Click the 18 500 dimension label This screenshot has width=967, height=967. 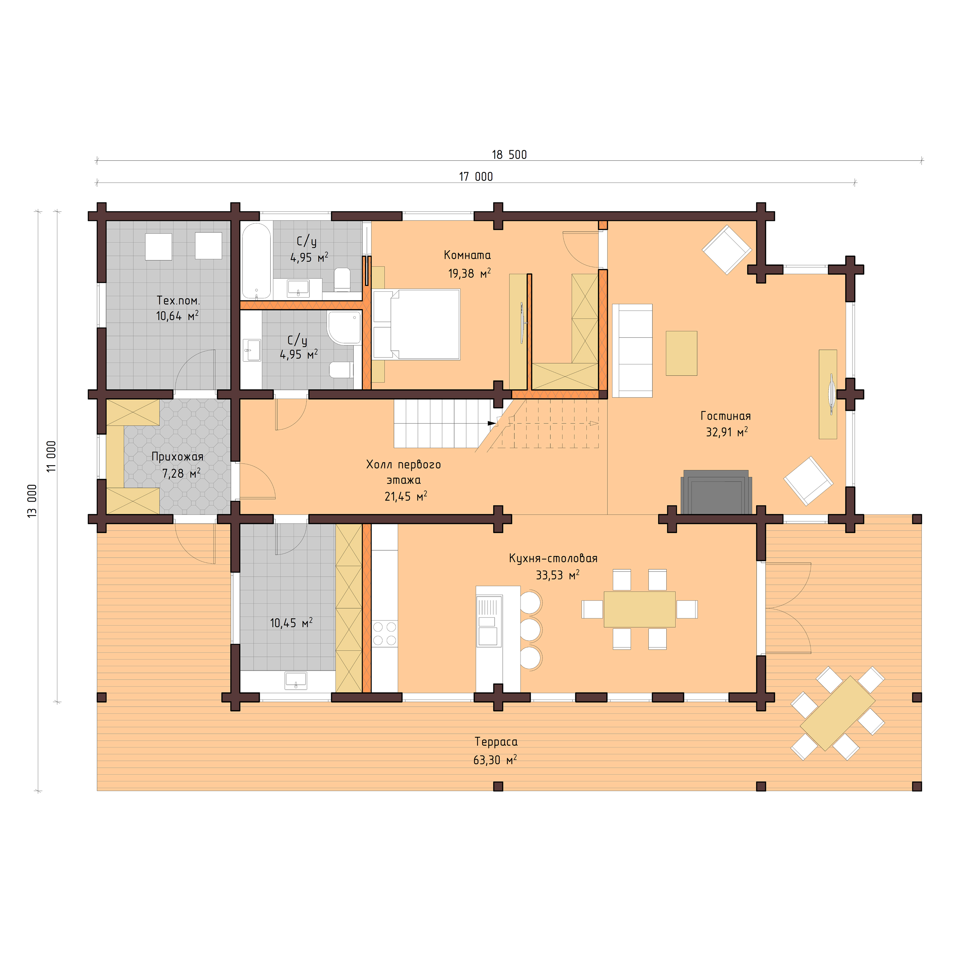[x=509, y=155]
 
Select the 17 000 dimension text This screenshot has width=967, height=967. [x=476, y=177]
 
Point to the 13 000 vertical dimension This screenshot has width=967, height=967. [x=32, y=500]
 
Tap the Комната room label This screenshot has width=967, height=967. [x=467, y=255]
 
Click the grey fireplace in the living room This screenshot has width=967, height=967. [x=716, y=492]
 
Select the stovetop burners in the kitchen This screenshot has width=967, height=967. [x=384, y=633]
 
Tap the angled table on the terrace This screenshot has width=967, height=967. [x=837, y=713]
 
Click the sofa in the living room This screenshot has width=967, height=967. [x=632, y=350]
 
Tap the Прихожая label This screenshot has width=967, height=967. [x=177, y=457]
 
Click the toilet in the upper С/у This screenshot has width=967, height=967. [x=342, y=279]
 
